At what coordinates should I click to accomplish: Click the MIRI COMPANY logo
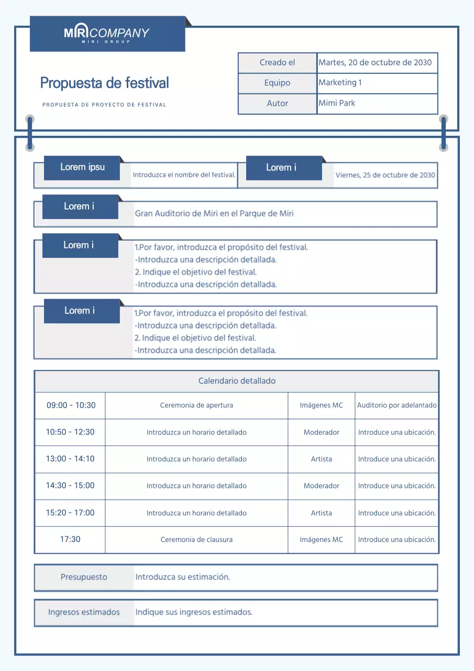107,34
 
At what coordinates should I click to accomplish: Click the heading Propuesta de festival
104,83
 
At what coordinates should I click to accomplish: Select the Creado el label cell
277,62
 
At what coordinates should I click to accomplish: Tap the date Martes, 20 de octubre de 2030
375,62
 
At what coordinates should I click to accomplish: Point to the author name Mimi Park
337,103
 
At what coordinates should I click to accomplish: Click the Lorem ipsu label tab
82,167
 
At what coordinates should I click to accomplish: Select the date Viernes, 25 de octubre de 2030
385,175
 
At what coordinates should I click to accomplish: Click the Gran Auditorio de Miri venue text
214,213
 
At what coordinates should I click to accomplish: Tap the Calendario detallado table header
237,381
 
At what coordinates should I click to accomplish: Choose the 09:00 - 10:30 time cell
71,405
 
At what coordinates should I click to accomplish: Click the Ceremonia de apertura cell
196,405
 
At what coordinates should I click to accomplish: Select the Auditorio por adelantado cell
396,405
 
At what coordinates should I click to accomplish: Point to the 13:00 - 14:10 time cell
70,459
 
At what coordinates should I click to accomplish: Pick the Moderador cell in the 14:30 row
321,486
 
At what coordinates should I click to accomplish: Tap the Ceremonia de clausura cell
196,539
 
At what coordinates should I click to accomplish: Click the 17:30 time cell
70,539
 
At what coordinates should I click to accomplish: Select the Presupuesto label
84,577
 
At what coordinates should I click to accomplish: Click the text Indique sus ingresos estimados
194,612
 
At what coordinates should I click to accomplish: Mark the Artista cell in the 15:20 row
321,513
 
